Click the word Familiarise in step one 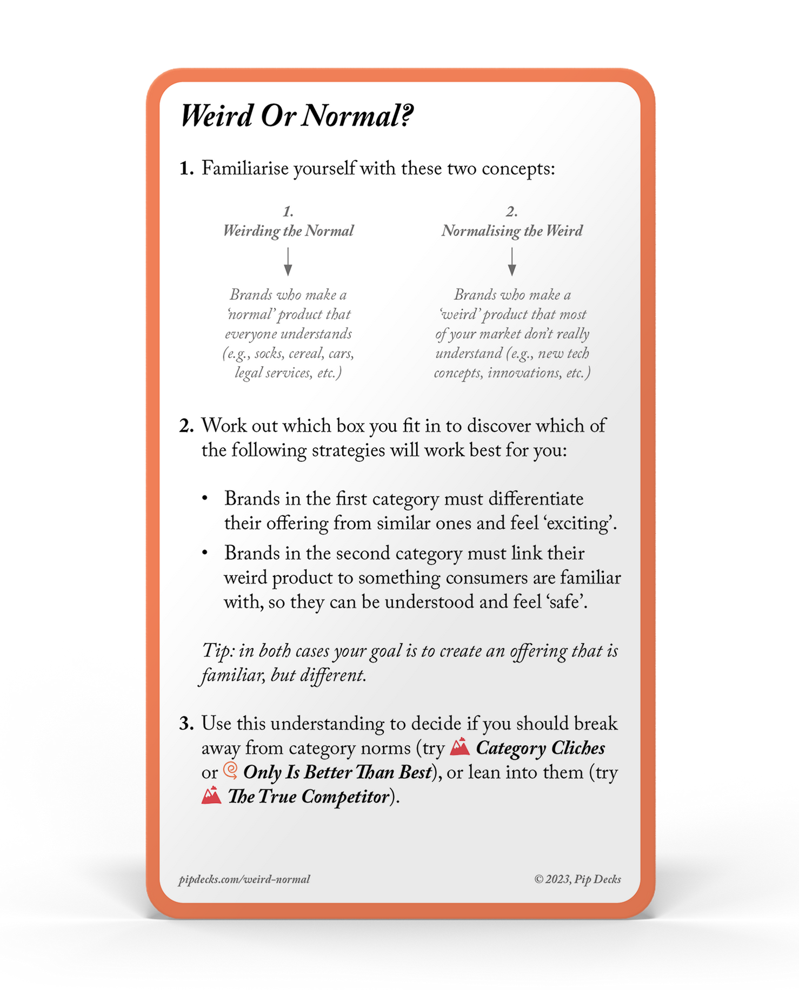pyautogui.click(x=246, y=169)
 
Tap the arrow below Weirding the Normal pyautogui.click(x=288, y=262)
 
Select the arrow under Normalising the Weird pyautogui.click(x=511, y=262)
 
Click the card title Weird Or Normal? pyautogui.click(x=296, y=116)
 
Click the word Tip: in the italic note pyautogui.click(x=218, y=651)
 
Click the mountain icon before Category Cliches pyautogui.click(x=460, y=746)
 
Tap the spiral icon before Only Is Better pyautogui.click(x=231, y=771)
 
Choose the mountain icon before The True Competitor pyautogui.click(x=211, y=796)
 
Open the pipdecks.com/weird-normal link pyautogui.click(x=244, y=879)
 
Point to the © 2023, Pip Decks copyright pyautogui.click(x=577, y=879)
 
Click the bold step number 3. pyautogui.click(x=186, y=724)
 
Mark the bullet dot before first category pyautogui.click(x=205, y=499)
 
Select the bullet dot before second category pyautogui.click(x=205, y=553)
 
